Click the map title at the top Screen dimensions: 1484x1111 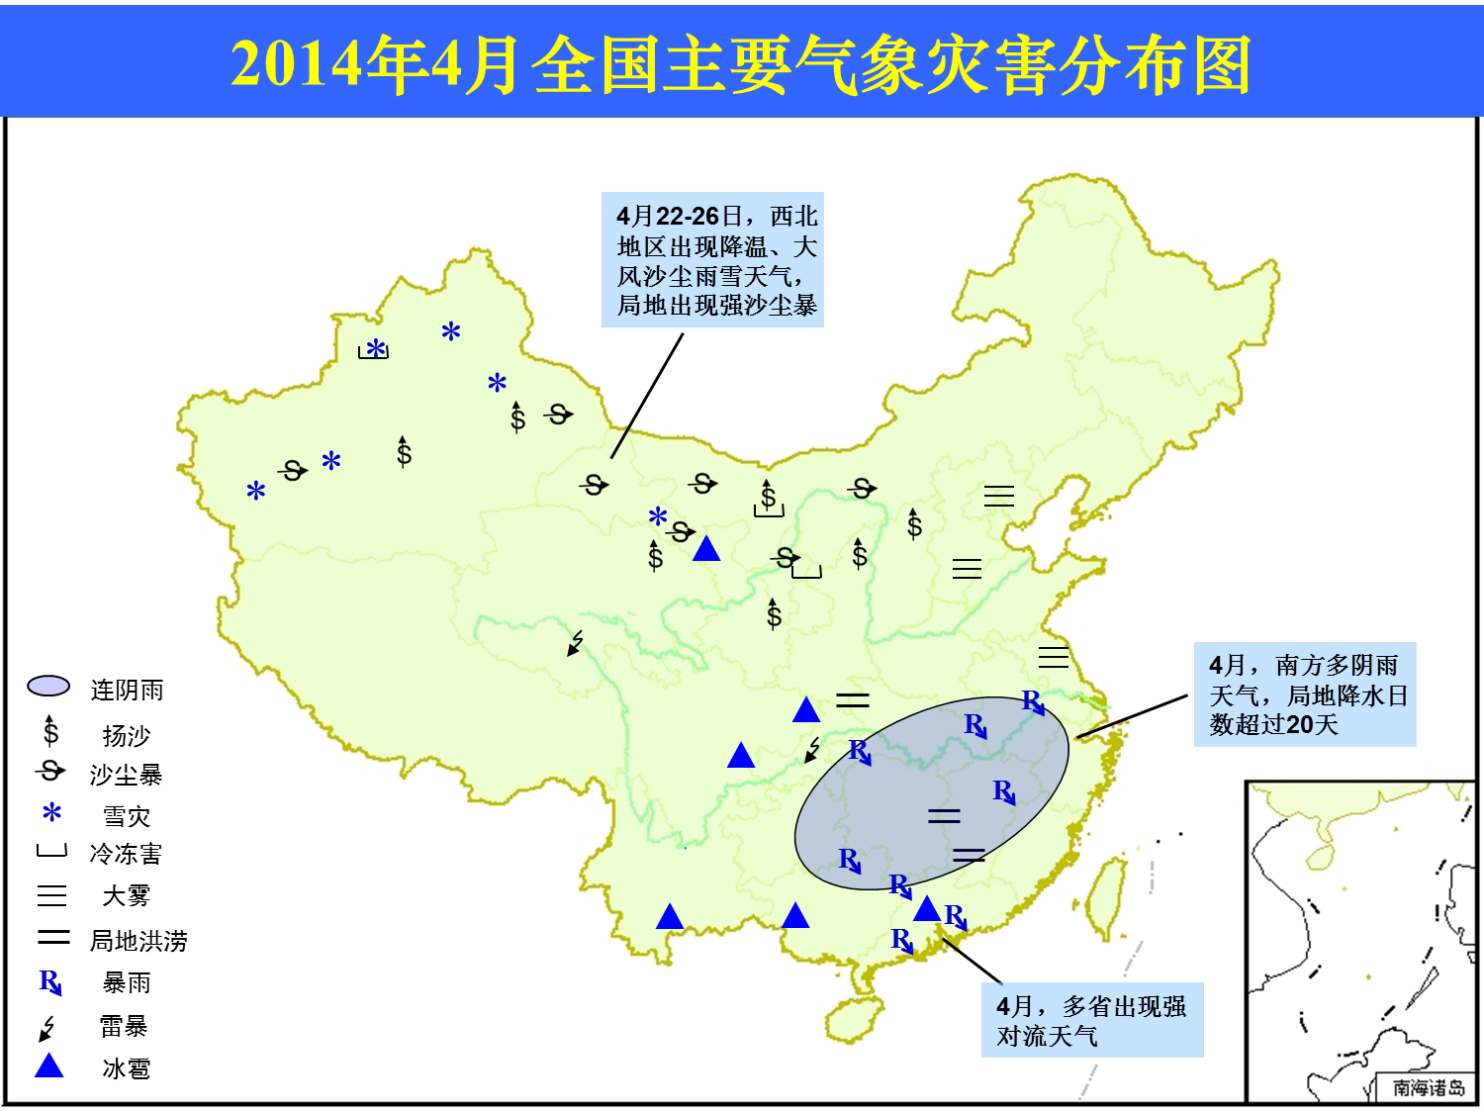click(x=740, y=64)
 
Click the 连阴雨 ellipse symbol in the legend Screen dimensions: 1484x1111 click(x=48, y=686)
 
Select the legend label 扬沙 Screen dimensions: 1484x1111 click(x=127, y=735)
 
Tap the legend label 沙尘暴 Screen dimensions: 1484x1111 click(x=127, y=776)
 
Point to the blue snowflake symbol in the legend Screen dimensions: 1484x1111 click(x=51, y=812)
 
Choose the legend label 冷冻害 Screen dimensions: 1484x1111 click(x=126, y=854)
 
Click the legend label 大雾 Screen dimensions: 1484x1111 click(x=127, y=896)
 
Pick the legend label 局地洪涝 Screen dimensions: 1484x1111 click(x=139, y=941)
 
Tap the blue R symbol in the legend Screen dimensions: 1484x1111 click(x=50, y=982)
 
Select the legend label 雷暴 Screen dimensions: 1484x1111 click(x=124, y=1026)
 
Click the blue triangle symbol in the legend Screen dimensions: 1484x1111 click(x=49, y=1065)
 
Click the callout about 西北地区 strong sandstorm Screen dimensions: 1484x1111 click(x=712, y=259)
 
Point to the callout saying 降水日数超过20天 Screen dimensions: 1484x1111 click(x=1305, y=694)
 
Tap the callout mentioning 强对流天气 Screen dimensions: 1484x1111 click(x=1092, y=1020)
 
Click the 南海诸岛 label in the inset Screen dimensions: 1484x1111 click(x=1428, y=1087)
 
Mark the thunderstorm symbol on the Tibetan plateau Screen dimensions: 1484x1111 click(x=576, y=643)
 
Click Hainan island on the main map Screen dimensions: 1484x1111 click(x=855, y=1018)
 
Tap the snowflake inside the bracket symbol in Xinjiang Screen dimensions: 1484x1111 click(x=376, y=348)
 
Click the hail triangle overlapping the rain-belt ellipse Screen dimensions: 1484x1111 click(x=927, y=908)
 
